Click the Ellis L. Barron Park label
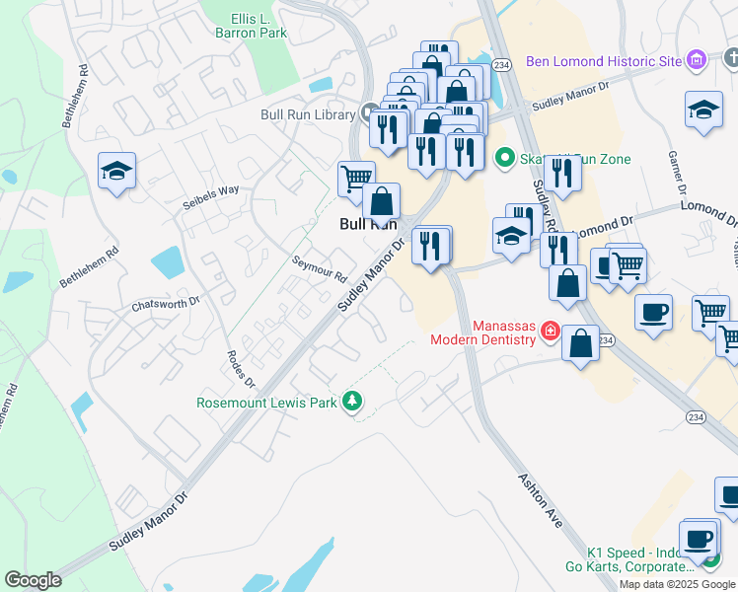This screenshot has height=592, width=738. (x=252, y=25)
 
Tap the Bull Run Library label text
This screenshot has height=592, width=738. (x=307, y=114)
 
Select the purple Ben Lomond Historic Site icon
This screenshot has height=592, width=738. (x=697, y=61)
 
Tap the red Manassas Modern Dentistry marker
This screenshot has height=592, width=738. (x=550, y=333)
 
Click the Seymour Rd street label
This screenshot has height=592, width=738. (x=319, y=269)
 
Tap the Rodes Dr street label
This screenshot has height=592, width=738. (x=241, y=369)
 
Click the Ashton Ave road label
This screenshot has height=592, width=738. (x=540, y=499)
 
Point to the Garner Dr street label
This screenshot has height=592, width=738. (x=677, y=172)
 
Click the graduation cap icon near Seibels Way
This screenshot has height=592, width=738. (x=116, y=172)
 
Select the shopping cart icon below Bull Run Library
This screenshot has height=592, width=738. (x=356, y=178)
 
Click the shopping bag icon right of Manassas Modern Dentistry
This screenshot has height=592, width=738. (x=581, y=343)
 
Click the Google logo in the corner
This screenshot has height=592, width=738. (x=33, y=579)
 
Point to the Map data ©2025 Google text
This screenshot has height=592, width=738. (x=677, y=584)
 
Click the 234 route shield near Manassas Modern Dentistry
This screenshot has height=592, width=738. (x=606, y=339)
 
